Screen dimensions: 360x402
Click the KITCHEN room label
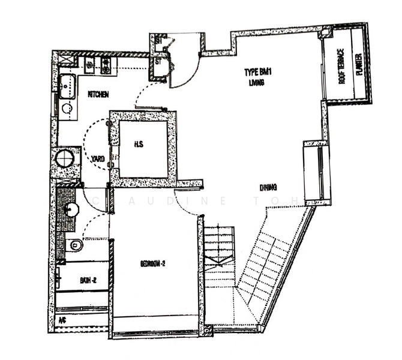(x=98, y=94)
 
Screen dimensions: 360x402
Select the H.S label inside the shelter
(x=138, y=145)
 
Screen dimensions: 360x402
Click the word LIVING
(x=256, y=83)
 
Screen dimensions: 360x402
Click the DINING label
(x=268, y=187)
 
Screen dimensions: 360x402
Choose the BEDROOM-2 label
(x=154, y=264)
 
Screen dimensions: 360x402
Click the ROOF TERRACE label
(x=341, y=66)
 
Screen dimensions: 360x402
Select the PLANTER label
(x=358, y=64)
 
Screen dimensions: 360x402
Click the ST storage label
(x=159, y=61)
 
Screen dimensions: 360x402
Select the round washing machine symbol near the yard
(x=65, y=159)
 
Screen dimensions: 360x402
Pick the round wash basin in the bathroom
(x=72, y=210)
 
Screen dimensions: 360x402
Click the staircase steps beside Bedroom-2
(x=219, y=252)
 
